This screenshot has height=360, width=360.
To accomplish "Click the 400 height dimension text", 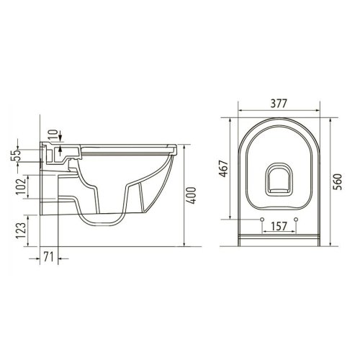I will [x=192, y=195].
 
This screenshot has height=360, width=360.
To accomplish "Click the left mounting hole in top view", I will [x=261, y=218].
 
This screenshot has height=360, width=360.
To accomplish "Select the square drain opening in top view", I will [x=279, y=181].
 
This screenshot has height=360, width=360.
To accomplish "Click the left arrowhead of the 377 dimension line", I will [x=239, y=112].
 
